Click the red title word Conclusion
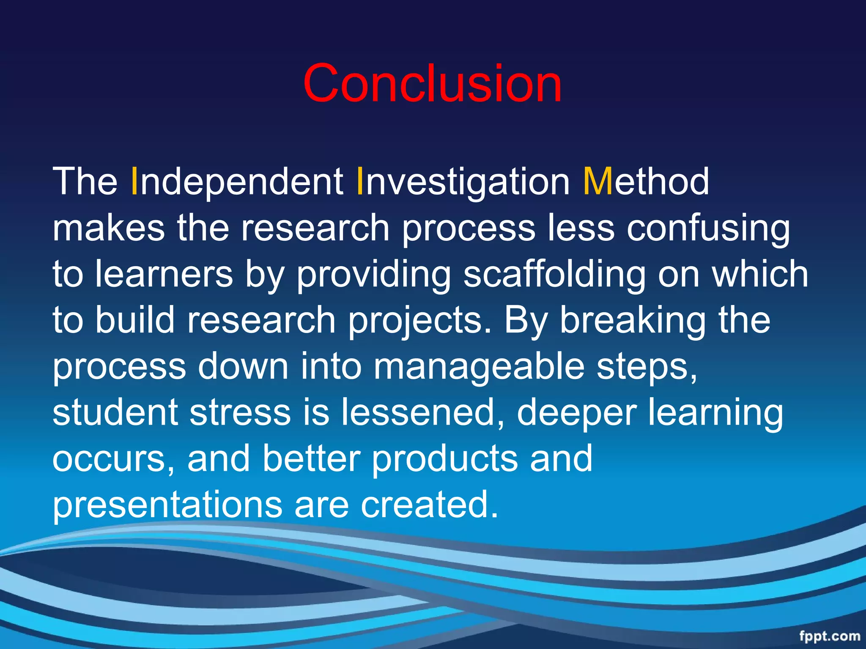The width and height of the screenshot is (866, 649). coord(432,83)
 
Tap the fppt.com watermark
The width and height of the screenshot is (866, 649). coord(829,636)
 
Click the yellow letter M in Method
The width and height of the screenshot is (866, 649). coord(597,182)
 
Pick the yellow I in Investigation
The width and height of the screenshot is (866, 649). coord(360,182)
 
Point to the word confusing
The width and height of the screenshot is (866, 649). coord(708,229)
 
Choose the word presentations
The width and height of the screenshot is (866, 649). coord(167,505)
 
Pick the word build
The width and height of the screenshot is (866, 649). coord(135,320)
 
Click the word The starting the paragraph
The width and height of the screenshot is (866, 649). coord(85,182)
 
